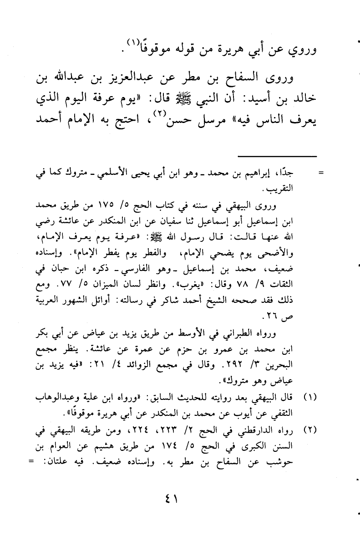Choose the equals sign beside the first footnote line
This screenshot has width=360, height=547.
320,173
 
